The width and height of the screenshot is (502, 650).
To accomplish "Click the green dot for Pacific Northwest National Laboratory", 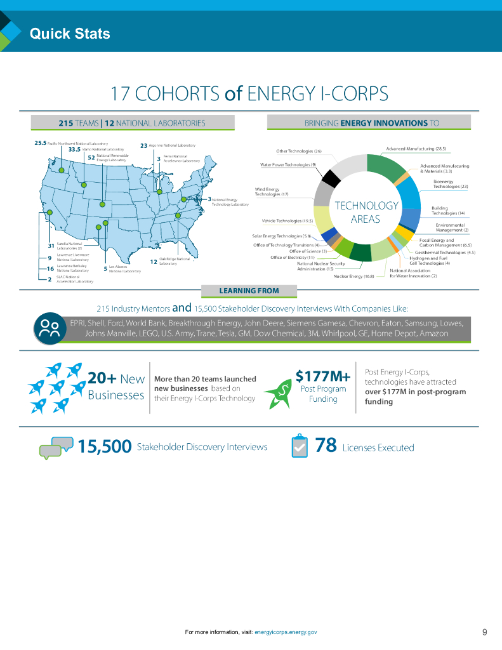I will [61, 171].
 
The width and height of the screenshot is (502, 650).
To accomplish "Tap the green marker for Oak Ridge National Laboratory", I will [178, 216].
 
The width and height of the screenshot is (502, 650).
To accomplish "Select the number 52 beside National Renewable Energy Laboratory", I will [91, 157].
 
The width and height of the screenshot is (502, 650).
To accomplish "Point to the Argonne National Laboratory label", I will [172, 145].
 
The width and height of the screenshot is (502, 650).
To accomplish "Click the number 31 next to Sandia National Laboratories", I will [50, 245].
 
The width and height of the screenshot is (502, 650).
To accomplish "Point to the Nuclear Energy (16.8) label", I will [353, 276].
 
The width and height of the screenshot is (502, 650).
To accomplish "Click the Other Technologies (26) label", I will [300, 151].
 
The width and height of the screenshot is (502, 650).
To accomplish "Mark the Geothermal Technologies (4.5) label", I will [445, 252].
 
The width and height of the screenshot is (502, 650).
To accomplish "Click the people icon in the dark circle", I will [50, 328].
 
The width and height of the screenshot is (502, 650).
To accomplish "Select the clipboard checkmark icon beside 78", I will [300, 446].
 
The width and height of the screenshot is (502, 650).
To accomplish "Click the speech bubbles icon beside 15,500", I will [55, 447].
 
